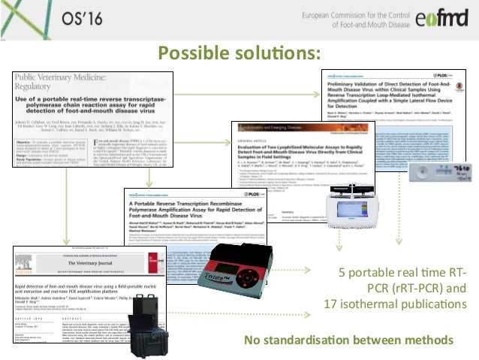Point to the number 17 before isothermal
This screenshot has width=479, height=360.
tap(333, 304)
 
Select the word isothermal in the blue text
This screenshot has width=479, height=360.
tap(374, 304)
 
